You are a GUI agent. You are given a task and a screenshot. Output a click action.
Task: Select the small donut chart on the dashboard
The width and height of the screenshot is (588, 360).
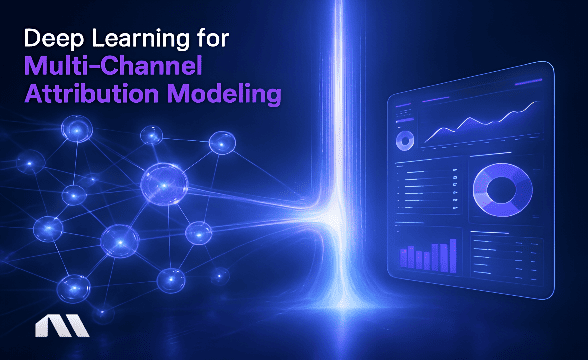(405, 139)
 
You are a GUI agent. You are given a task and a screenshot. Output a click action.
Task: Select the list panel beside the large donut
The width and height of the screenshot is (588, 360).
(429, 190)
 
